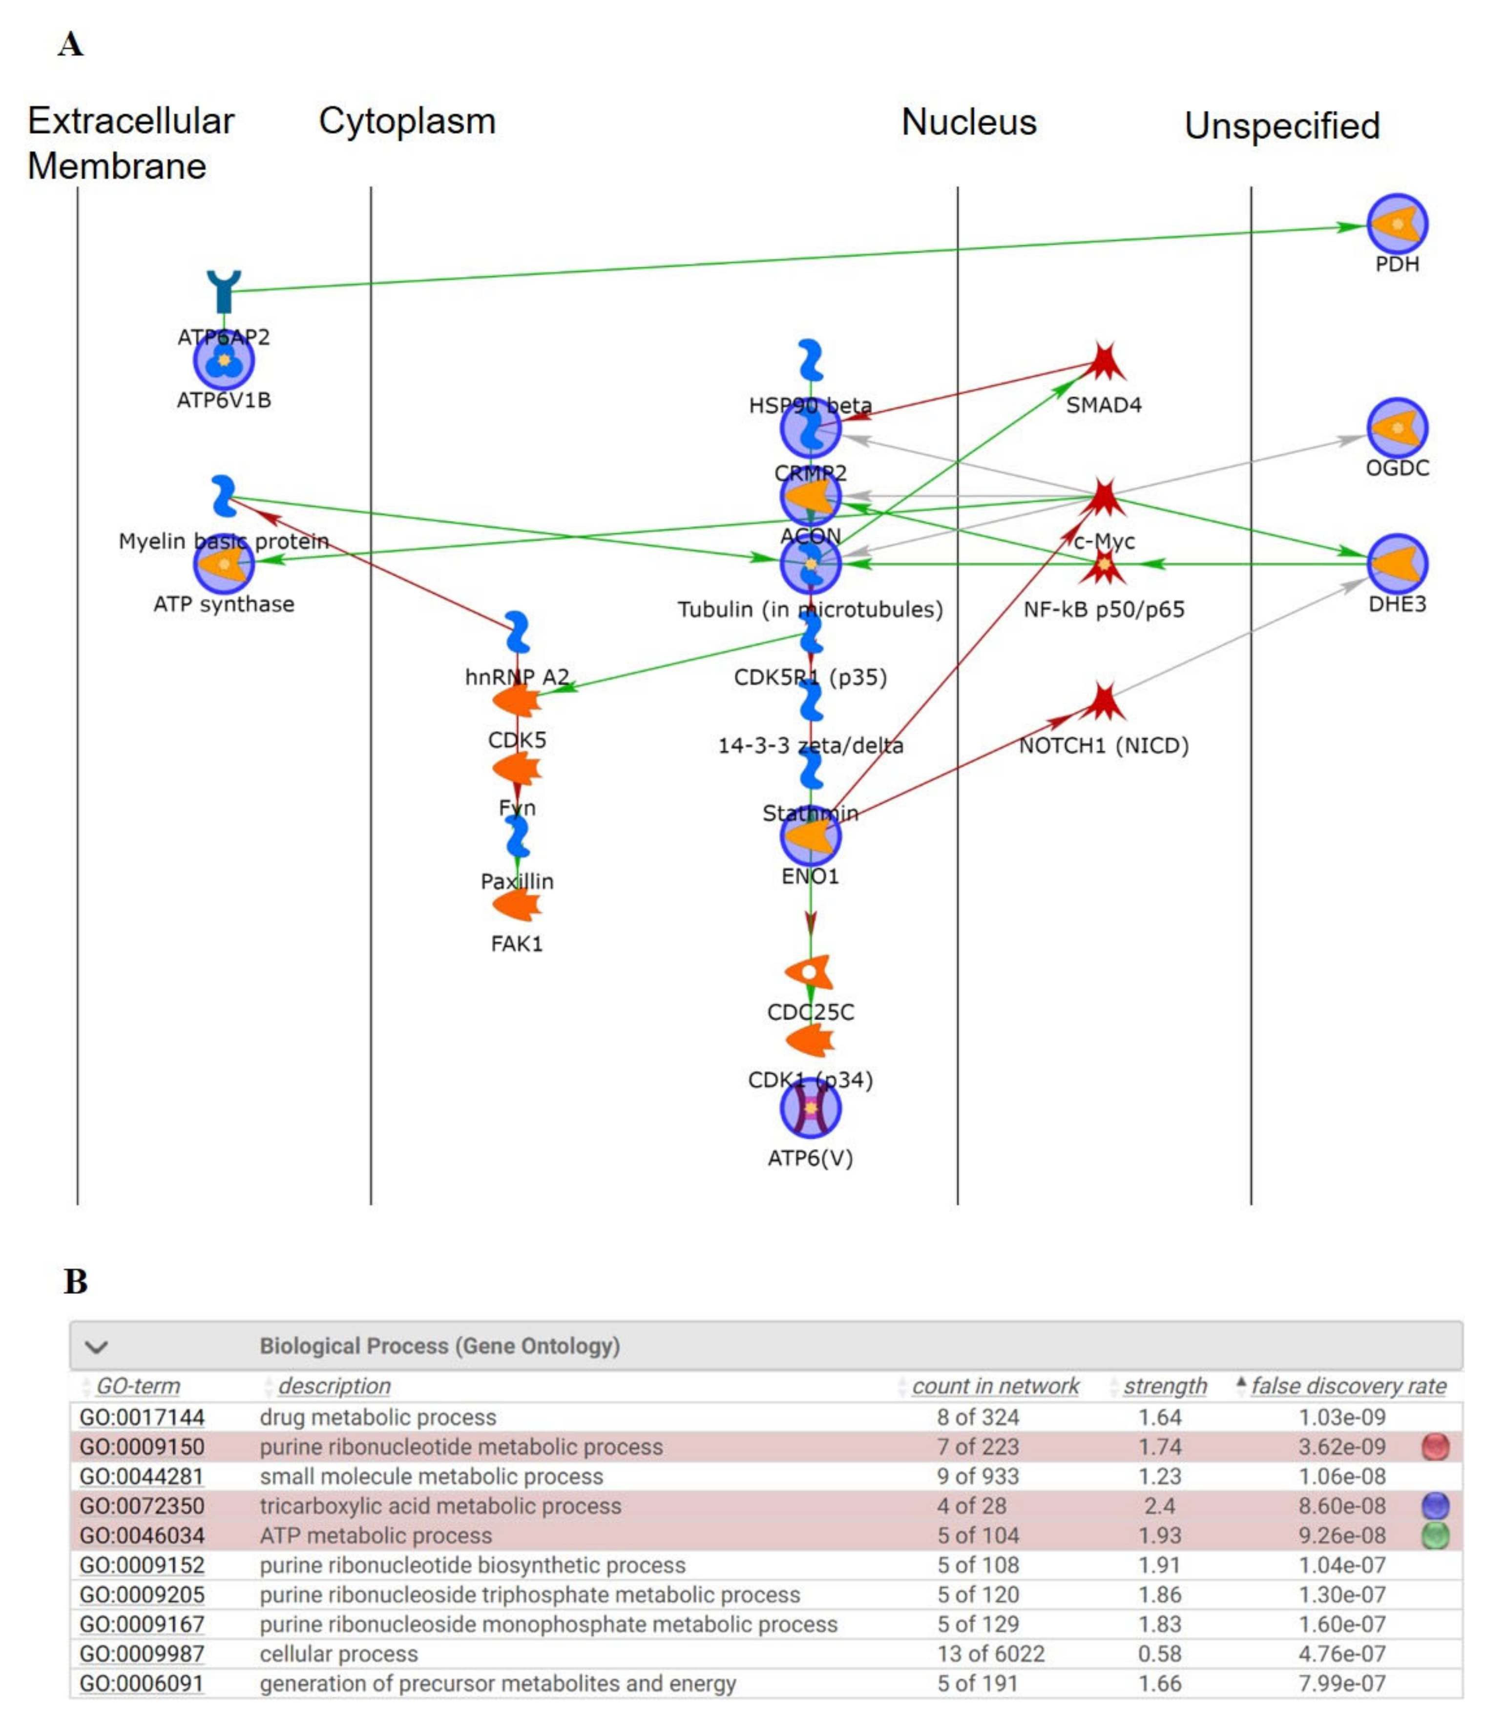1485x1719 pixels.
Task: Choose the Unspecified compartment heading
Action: pyautogui.click(x=1282, y=126)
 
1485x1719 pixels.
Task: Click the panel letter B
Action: pyautogui.click(x=76, y=1282)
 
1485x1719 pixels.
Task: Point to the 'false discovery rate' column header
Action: pyautogui.click(x=1348, y=1386)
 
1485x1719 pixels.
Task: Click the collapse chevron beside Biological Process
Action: pyautogui.click(x=96, y=1347)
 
